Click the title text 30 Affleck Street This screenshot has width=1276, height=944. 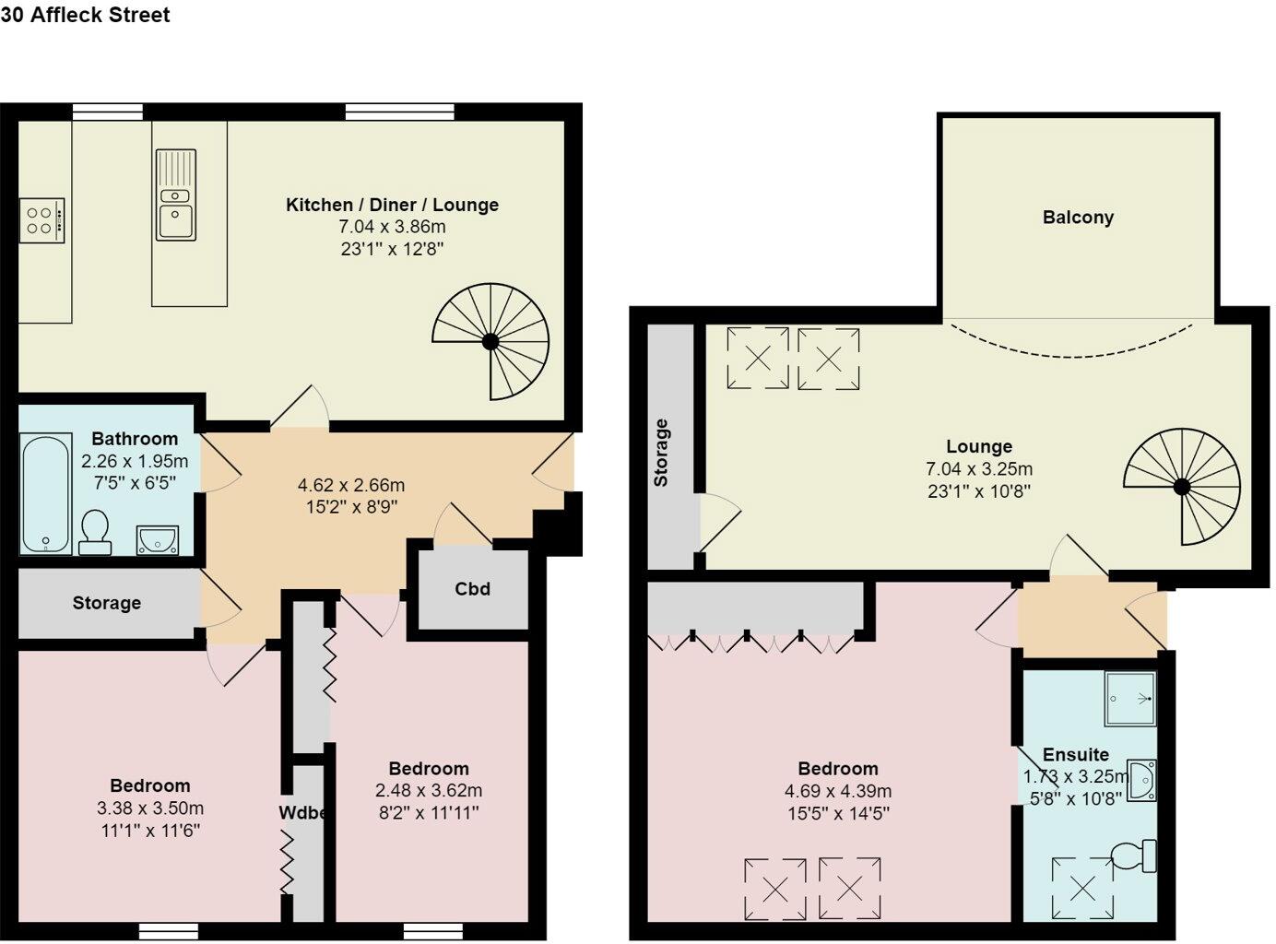coord(85,15)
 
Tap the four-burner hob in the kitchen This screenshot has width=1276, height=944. coord(41,220)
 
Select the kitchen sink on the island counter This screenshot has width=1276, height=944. coord(175,208)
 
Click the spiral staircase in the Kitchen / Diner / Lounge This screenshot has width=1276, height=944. coord(490,341)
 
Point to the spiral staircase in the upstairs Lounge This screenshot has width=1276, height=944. coord(1181,486)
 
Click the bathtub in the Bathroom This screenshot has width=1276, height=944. coord(45,494)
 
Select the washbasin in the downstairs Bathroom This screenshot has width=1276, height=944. coord(157,539)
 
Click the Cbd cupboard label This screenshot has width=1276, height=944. coord(472,589)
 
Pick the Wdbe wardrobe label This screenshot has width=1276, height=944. coord(301,813)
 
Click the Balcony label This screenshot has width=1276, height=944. coord(1078,218)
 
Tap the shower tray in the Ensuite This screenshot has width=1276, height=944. coord(1129,698)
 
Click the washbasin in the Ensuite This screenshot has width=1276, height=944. coord(1143,780)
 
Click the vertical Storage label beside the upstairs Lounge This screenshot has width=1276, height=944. coord(661,453)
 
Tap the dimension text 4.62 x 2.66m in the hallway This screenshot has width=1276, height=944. coord(350,485)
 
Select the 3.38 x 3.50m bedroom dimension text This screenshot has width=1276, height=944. coord(150,808)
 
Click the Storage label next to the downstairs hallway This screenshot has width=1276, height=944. coord(107,603)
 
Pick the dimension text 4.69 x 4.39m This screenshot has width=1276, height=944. coord(837,791)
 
